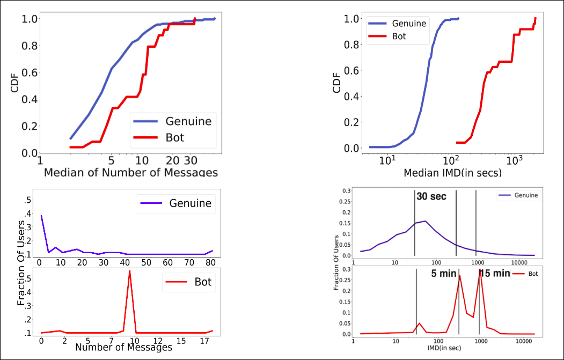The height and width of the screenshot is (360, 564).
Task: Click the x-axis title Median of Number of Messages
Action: click(130, 173)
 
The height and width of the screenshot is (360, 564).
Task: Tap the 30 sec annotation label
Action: click(431, 197)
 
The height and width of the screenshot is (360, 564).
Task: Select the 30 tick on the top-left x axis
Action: click(191, 160)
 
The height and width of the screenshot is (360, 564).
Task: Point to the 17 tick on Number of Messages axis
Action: click(204, 340)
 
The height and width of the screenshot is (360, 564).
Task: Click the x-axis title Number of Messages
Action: click(123, 347)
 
